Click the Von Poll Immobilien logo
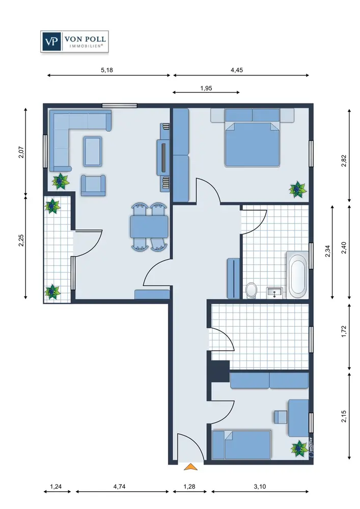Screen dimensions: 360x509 [x=74, y=42]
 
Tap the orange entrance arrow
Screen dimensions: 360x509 [x=190, y=467]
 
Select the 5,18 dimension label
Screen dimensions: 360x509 [x=107, y=70]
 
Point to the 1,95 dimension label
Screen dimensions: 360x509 [x=206, y=88]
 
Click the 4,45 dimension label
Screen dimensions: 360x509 [x=237, y=70]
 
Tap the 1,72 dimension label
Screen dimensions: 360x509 [x=344, y=331]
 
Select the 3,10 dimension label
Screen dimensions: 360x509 [x=260, y=486]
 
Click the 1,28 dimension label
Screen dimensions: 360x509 [x=189, y=486]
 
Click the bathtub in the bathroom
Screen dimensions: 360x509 [x=297, y=275]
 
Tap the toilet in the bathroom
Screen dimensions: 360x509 [x=251, y=290]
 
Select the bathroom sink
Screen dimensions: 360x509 [x=274, y=293]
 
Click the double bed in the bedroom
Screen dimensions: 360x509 [x=252, y=137]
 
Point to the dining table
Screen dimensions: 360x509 [x=149, y=227]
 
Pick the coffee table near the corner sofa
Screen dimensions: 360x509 [x=93, y=151]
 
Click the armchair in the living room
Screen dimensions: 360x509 [x=93, y=185]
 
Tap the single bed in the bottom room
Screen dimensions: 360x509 [x=241, y=445]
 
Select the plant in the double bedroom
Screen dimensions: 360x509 [x=298, y=189]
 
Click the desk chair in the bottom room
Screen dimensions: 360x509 [x=281, y=417]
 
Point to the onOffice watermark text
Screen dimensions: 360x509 [x=311, y=447]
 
